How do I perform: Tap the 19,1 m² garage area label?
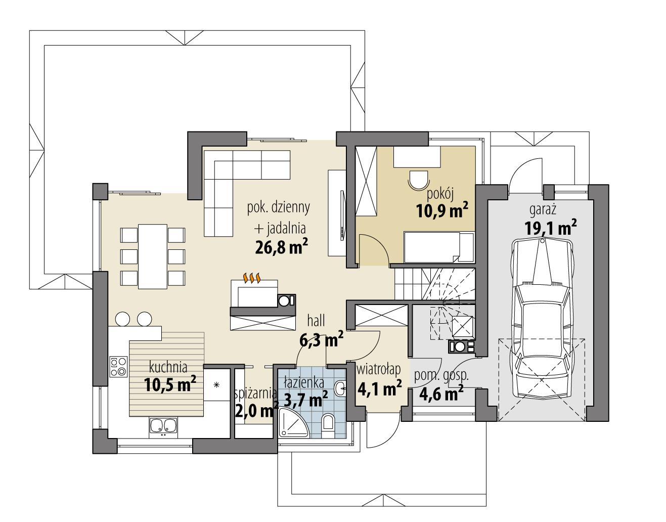pos(551,228)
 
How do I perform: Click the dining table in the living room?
pos(152,256)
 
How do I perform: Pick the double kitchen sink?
pos(162,426)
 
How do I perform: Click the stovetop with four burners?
pos(118,366)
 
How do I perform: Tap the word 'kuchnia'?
pos(168,367)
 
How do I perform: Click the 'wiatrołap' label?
pos(379,370)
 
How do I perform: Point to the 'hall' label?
pos(317,320)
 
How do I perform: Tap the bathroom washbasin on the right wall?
pos(340,389)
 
